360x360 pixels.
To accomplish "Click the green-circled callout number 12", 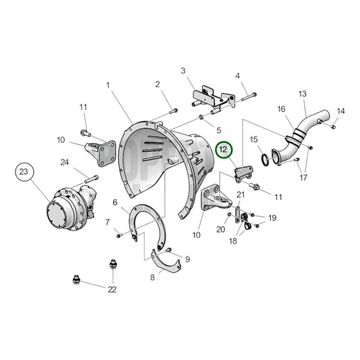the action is coord(224,150).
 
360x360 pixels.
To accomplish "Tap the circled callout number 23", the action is coord(24,172).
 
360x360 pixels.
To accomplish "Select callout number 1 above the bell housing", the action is coord(108,85).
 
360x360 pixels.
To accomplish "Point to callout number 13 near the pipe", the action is coord(303,94).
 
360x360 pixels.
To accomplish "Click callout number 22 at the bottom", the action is coord(112,290).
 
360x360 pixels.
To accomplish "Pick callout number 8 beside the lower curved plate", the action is coord(153,278).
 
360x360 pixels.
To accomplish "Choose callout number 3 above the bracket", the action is coord(183,71).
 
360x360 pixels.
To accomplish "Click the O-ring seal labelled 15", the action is coord(265,159).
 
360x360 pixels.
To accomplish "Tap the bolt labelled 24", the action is coord(92,179).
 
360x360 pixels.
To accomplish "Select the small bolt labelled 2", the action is coord(174,111).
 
